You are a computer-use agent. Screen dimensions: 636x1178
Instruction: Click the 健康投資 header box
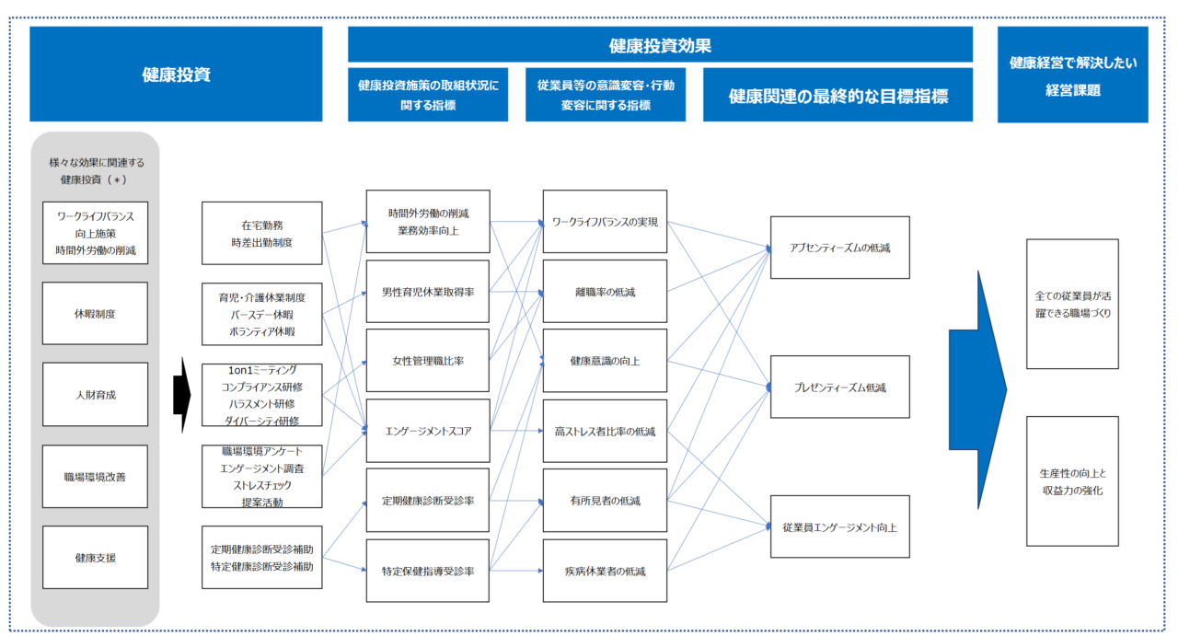pos(176,75)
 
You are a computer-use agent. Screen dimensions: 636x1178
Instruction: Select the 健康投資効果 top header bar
pos(660,45)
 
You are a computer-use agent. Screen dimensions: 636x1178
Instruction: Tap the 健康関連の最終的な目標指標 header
pos(837,95)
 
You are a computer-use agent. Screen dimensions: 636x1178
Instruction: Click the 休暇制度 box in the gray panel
pos(95,314)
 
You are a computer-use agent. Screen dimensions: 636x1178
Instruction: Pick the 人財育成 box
pos(95,395)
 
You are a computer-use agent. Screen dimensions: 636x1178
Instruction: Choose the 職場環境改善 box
pos(95,477)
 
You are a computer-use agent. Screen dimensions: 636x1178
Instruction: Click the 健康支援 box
pos(95,558)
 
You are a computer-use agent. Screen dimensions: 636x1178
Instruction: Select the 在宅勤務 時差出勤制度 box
pos(261,234)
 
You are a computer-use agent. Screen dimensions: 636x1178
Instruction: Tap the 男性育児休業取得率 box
pos(427,292)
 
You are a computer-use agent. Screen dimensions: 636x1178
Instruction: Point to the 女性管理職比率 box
pos(427,361)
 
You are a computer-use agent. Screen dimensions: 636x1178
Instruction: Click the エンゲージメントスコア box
pos(427,431)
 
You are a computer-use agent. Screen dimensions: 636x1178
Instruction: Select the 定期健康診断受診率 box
pos(427,501)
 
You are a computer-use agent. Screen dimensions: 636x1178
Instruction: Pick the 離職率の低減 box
pos(605,292)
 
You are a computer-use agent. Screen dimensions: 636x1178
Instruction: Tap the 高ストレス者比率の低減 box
pos(605,431)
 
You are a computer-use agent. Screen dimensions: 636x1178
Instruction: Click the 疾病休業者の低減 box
pos(605,571)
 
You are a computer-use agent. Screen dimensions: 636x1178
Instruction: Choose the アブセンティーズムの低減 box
pos(839,248)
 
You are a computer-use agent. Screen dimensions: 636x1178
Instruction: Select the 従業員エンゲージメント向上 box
pos(839,527)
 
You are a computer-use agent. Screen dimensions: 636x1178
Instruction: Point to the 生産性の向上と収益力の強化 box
pos(1072,481)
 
